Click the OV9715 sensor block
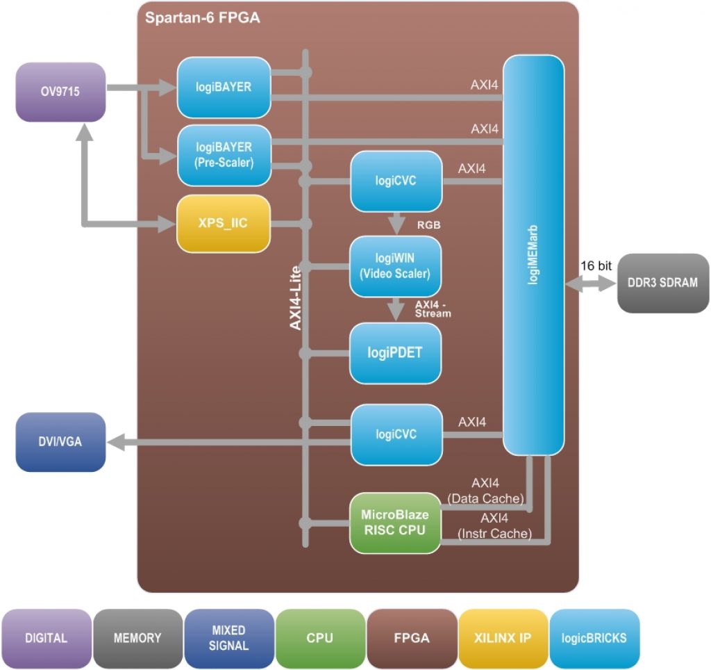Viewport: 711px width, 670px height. [60, 90]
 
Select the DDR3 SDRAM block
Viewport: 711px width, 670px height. [663, 282]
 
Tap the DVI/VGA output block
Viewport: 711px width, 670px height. [60, 441]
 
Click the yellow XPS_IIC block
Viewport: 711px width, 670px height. [224, 224]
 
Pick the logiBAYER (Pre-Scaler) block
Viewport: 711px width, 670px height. [224, 154]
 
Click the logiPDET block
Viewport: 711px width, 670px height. [395, 352]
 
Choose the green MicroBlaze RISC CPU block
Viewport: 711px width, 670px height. [395, 523]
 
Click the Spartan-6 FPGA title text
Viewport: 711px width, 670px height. [202, 18]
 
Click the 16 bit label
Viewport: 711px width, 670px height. [596, 265]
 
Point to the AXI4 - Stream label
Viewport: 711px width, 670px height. [433, 309]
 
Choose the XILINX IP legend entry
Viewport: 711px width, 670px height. [503, 637]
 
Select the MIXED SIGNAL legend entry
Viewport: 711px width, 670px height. [228, 637]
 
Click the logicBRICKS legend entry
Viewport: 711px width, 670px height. [594, 637]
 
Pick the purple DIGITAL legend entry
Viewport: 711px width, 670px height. [46, 637]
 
